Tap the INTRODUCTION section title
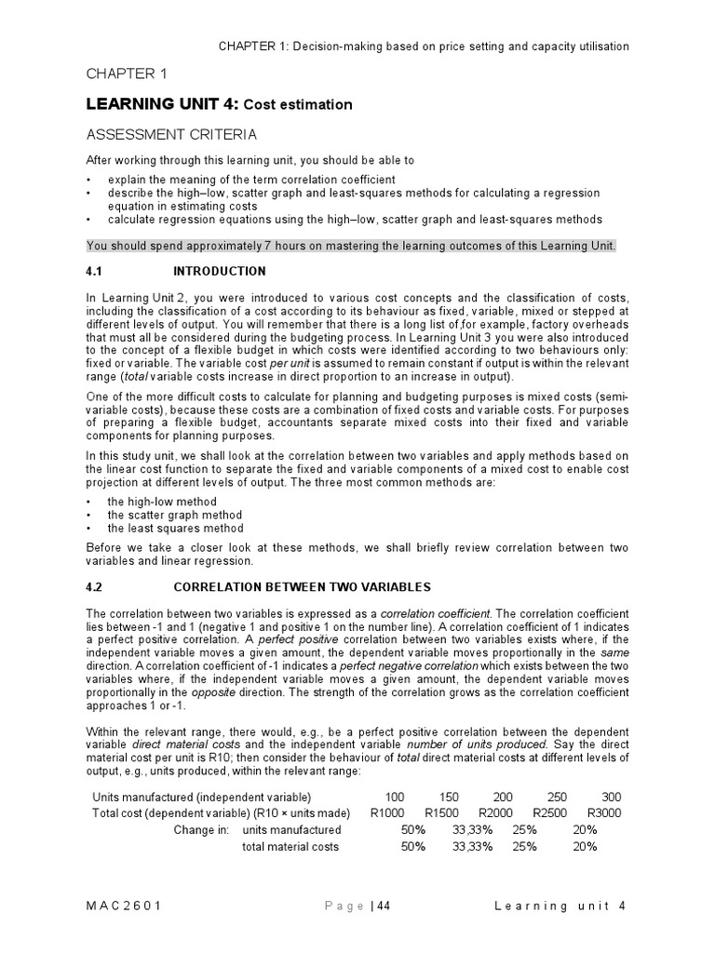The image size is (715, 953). [220, 272]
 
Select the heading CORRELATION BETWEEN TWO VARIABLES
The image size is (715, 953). [303, 587]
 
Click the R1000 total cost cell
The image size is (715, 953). [387, 812]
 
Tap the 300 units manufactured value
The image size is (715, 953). [611, 797]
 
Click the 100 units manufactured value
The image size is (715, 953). [396, 797]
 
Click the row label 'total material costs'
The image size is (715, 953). [290, 846]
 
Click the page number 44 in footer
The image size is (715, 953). [383, 907]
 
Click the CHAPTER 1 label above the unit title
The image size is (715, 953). [127, 74]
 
